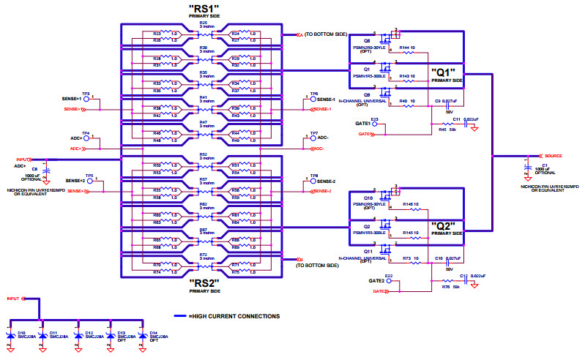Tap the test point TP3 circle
coord(86,99)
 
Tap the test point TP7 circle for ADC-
coord(305,139)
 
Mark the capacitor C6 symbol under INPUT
coord(46,170)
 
